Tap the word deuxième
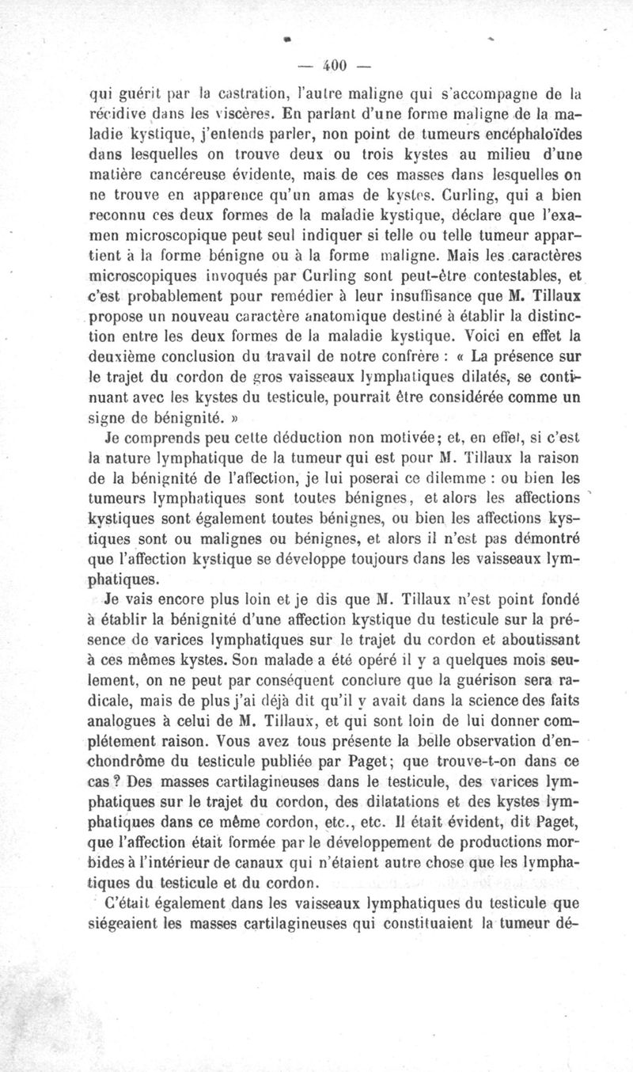point(126,358)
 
